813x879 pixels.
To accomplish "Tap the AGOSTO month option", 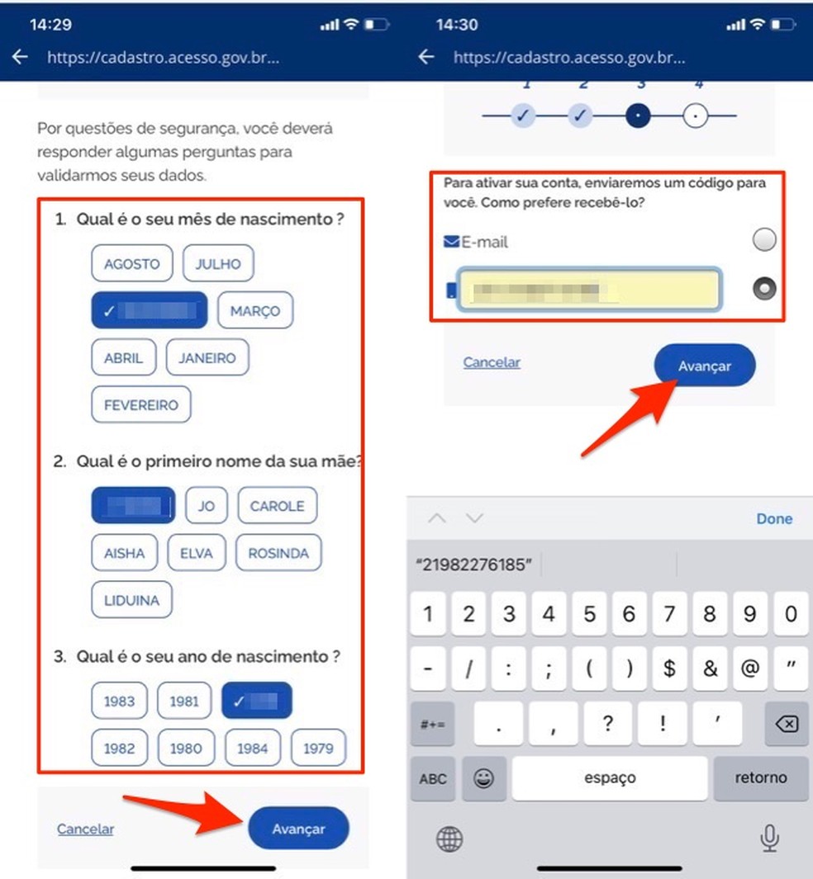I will (131, 264).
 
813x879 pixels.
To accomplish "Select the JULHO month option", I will (218, 264).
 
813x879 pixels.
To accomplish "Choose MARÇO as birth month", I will (255, 311).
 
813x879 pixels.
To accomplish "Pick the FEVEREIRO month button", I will (140, 405).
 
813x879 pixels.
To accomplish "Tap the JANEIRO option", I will (207, 358).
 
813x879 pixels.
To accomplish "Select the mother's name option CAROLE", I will (277, 506).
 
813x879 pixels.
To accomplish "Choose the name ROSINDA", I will (278, 553).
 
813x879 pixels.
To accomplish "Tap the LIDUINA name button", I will (131, 600).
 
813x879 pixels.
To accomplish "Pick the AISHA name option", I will (125, 553).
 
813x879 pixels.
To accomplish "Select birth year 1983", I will (119, 701).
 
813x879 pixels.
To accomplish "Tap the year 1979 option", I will (318, 748).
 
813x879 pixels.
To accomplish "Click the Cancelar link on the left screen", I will (85, 829).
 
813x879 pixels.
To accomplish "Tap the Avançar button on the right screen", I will (705, 366).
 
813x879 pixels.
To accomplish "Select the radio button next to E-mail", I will (764, 240).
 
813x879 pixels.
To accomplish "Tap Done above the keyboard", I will (774, 518).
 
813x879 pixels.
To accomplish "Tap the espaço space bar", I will (610, 777).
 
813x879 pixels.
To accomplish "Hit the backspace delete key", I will (787, 724).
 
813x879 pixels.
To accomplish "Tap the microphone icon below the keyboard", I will (769, 839).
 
